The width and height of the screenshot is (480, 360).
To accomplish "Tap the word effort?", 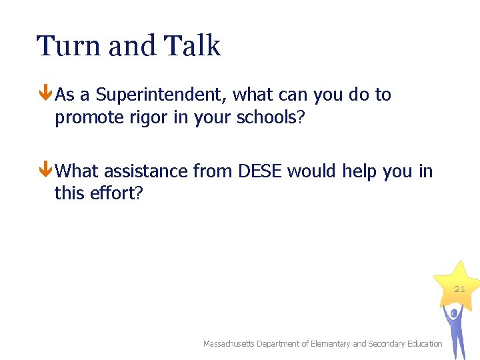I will click(x=115, y=194).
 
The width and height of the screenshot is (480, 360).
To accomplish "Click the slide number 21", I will click(x=460, y=289).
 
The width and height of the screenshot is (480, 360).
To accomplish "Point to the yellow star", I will click(x=455, y=283).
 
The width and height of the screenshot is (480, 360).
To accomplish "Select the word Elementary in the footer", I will click(x=330, y=344).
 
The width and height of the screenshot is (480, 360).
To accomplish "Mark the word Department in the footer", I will click(x=279, y=344).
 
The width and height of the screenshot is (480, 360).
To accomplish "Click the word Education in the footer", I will click(x=423, y=344).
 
